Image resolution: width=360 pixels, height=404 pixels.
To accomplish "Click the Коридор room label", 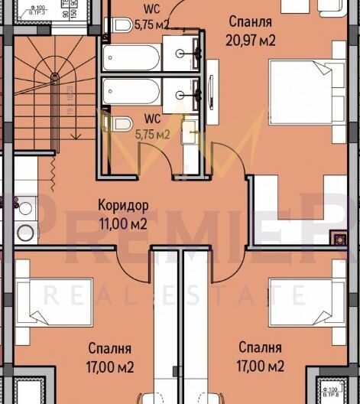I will click(122, 205).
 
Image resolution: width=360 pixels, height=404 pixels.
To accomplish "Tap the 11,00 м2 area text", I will click(122, 223).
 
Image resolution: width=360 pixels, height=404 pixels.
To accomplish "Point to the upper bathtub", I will click(131, 57).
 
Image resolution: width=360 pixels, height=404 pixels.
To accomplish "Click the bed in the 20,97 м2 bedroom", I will click(306, 90).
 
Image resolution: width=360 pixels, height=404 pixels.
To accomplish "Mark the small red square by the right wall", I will click(336, 237).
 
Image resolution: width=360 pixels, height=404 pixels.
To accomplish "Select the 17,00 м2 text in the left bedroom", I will click(110, 367).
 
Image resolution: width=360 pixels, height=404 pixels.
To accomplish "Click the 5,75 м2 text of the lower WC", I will click(152, 135).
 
